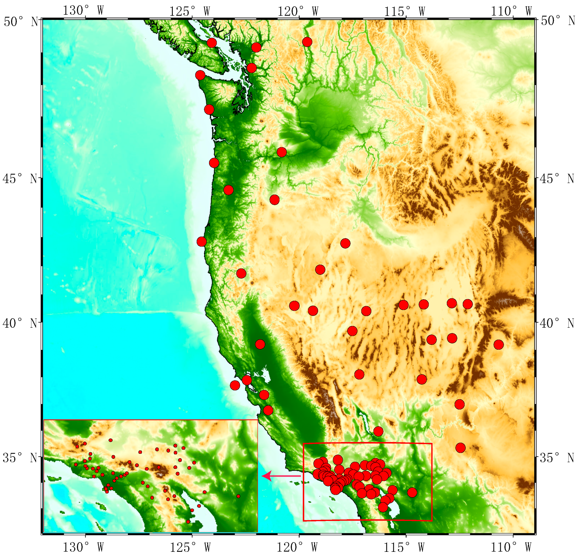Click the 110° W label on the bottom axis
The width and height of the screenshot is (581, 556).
[x=511, y=548]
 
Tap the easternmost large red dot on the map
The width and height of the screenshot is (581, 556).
[x=498, y=345]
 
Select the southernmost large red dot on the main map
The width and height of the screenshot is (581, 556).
[x=383, y=507]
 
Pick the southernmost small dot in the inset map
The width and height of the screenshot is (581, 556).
[x=188, y=522]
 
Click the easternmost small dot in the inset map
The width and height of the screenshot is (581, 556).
[x=238, y=496]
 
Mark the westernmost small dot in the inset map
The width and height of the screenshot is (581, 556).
[x=76, y=465]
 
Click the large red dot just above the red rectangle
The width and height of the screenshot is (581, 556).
[x=378, y=432]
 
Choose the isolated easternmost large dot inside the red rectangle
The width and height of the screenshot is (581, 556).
[x=412, y=492]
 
